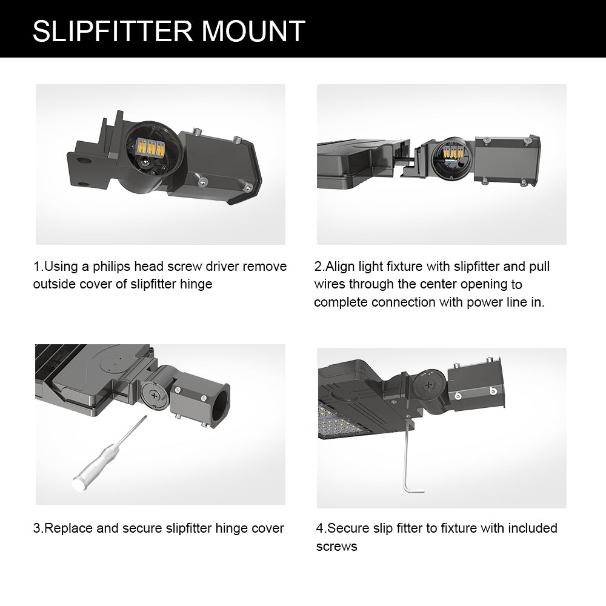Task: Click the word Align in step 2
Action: [x=342, y=267]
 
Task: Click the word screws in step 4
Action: [x=336, y=547]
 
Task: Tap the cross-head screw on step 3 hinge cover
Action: [x=155, y=396]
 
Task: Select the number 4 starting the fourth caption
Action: [x=320, y=528]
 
